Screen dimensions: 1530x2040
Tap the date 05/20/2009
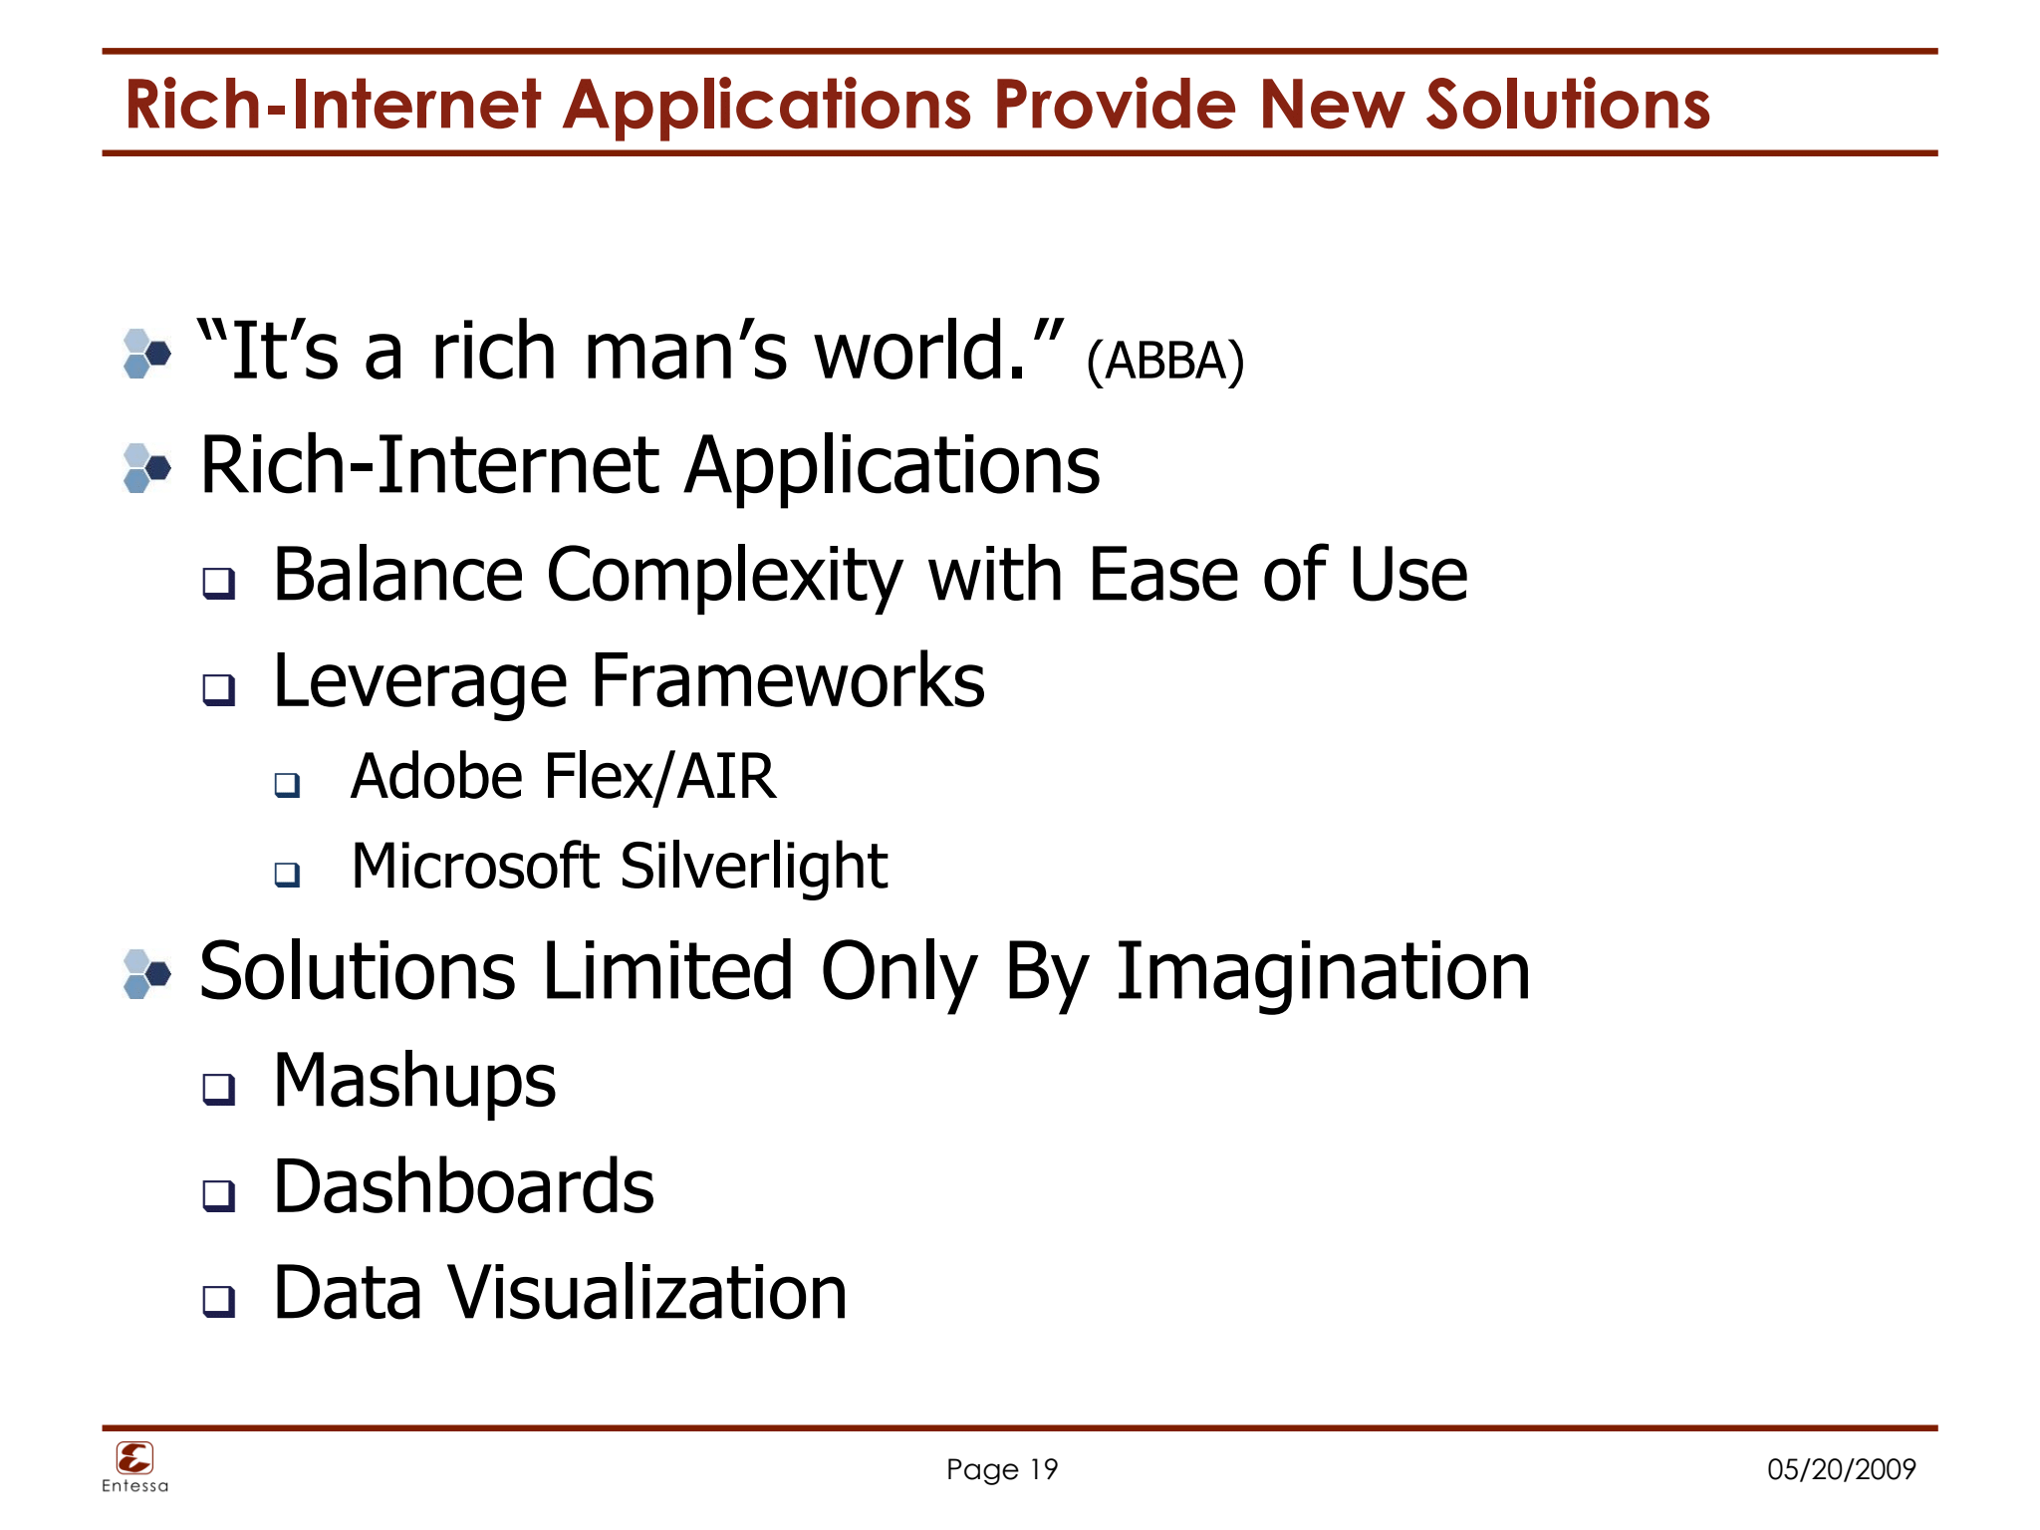tap(1841, 1469)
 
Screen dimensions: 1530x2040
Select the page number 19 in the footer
tap(1043, 1469)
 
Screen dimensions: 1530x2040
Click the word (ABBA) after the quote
tap(1164, 362)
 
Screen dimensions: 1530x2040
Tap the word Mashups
tap(414, 1083)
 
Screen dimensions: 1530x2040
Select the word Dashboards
tap(463, 1187)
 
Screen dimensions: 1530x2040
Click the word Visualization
tap(647, 1293)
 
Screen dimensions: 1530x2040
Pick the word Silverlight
tap(753, 866)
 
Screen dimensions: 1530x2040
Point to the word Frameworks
tap(788, 681)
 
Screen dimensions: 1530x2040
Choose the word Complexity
tap(724, 575)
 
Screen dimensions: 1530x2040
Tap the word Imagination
tap(1323, 971)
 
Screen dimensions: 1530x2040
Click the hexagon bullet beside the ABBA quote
tap(146, 354)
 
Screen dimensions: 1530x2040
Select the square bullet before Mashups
tap(219, 1089)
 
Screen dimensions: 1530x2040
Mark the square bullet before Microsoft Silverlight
tap(287, 875)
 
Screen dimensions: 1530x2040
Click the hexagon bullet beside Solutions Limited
tap(146, 974)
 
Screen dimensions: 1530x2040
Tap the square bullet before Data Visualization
tap(219, 1300)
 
